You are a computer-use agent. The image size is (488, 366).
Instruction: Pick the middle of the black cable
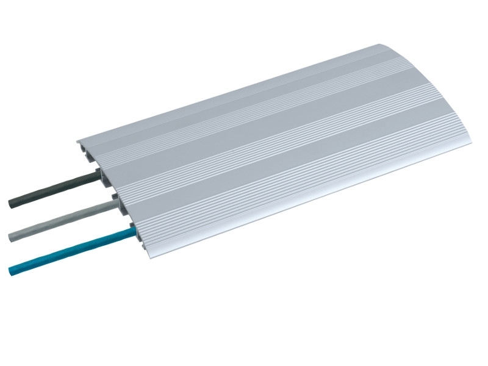pos(54,190)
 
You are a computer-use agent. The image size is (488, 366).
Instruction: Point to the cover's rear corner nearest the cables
pos(78,139)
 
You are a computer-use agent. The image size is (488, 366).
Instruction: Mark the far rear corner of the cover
pos(379,45)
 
